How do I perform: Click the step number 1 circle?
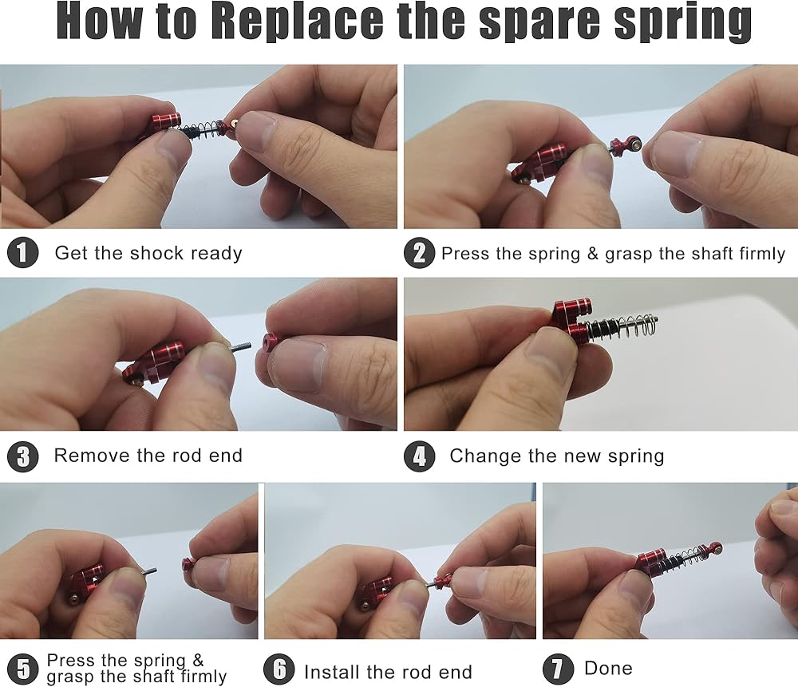pyautogui.click(x=23, y=252)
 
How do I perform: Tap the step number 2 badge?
pyautogui.click(x=420, y=252)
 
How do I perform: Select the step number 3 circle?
pyautogui.click(x=23, y=456)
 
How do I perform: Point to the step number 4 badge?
pyautogui.click(x=420, y=456)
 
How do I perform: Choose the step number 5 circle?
pyautogui.click(x=23, y=669)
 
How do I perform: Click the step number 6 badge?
pyautogui.click(x=279, y=669)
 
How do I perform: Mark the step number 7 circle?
pyautogui.click(x=559, y=669)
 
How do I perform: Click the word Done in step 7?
pyautogui.click(x=608, y=668)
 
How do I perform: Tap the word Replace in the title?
pyautogui.click(x=297, y=22)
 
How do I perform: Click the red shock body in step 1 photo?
pyautogui.click(x=166, y=122)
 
